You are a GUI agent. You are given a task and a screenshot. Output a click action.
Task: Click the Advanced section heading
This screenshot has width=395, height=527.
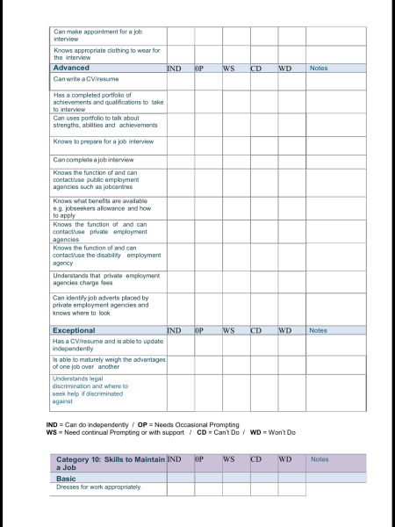(71, 68)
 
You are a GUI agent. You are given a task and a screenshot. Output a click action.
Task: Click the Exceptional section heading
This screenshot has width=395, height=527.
(75, 330)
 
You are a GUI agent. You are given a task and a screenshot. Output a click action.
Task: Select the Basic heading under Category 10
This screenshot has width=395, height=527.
(66, 478)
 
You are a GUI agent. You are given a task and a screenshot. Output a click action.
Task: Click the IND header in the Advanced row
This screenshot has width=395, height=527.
(174, 68)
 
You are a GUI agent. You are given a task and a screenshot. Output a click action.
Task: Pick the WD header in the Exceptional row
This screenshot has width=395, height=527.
(284, 330)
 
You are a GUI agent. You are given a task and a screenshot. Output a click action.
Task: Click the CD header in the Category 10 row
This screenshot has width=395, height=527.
(256, 458)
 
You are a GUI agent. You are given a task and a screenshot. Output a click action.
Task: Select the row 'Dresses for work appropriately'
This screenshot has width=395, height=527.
(97, 487)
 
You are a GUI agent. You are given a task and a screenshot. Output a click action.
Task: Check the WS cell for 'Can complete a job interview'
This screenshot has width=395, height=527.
(236, 160)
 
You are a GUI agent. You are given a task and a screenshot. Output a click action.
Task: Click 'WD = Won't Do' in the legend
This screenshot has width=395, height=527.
(273, 432)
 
